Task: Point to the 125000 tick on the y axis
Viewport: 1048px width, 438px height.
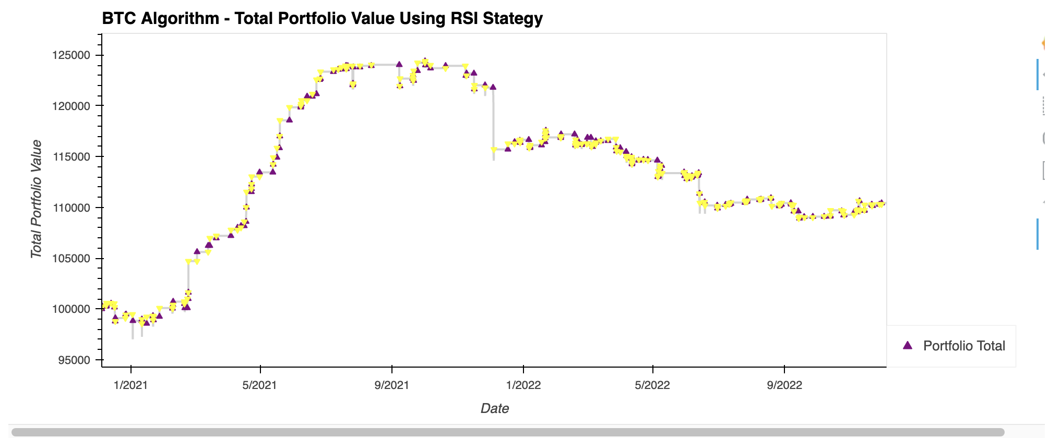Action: coord(71,55)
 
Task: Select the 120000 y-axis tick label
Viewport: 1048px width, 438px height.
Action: coord(71,106)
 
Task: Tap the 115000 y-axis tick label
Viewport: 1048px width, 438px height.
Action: coord(71,157)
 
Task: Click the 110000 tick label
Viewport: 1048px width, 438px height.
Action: coord(71,208)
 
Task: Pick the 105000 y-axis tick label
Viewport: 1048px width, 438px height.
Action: coord(71,259)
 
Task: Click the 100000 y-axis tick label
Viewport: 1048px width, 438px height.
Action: coord(71,309)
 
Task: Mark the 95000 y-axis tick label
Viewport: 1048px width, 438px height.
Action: coord(74,360)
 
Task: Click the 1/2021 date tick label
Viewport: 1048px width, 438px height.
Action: coord(130,385)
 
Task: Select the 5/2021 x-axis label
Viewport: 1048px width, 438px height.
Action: coord(260,385)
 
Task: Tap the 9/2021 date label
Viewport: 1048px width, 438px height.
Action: coord(391,385)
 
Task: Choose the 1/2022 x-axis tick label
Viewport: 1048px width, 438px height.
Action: coord(523,385)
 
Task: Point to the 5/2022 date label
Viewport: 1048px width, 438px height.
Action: coord(652,385)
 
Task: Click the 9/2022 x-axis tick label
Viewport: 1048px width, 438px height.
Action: coord(784,385)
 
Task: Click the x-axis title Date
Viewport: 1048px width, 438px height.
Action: coord(494,408)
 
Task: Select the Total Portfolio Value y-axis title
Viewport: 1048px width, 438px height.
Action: coord(36,199)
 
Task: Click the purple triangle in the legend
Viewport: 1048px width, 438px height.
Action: coord(908,345)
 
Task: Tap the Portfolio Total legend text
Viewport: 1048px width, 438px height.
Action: coord(964,346)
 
